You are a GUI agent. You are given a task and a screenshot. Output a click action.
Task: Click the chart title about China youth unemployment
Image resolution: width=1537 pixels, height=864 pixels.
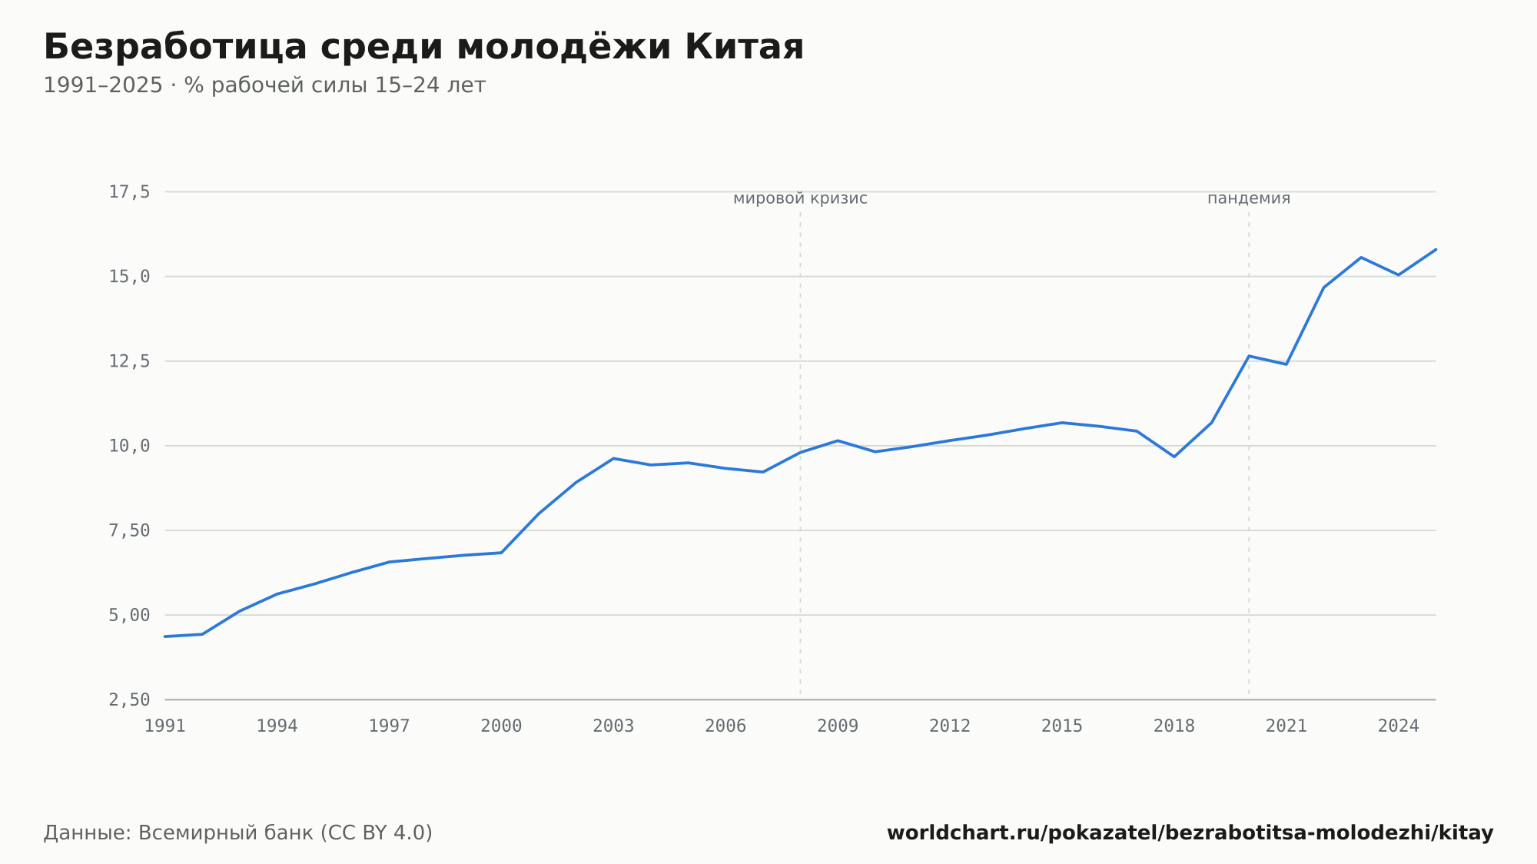coord(423,47)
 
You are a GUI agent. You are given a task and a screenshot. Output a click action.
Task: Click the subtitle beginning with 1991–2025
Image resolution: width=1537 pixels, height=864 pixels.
coord(264,85)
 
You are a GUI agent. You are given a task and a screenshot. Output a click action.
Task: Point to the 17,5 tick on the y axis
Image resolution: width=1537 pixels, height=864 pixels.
coord(129,192)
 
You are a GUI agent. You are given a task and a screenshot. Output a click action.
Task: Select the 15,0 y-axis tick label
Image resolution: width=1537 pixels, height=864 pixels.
coord(129,277)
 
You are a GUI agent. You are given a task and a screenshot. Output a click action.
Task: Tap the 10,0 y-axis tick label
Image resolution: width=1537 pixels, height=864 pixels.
coord(129,446)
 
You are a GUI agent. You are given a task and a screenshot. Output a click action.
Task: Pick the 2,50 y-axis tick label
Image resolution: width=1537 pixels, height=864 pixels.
coord(129,700)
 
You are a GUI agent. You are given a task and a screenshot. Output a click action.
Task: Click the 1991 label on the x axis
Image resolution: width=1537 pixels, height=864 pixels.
coord(165,726)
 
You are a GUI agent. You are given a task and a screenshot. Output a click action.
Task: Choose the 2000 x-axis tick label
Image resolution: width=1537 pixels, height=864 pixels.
coord(501,726)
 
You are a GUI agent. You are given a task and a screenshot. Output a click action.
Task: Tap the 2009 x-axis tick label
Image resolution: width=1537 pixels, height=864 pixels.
coord(838,726)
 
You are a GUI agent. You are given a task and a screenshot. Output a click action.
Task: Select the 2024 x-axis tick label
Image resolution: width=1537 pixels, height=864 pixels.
coord(1399,726)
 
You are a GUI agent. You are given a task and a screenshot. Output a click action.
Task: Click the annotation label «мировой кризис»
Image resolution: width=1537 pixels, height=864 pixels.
coord(800,198)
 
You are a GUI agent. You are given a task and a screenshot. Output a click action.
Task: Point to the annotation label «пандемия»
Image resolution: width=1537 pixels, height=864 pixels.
coord(1249,198)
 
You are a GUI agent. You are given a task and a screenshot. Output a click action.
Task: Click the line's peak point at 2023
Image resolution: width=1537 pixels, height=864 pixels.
coord(1361,258)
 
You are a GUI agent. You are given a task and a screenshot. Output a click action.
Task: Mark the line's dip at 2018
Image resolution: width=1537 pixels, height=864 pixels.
coord(1174,457)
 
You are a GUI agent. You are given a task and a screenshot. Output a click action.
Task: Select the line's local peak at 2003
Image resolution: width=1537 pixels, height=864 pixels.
coord(613,458)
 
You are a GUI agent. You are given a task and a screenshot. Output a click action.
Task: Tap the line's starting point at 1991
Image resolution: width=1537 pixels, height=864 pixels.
coord(165,636)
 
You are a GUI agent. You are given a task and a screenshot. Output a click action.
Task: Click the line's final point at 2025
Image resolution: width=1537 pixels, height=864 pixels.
coord(1436,249)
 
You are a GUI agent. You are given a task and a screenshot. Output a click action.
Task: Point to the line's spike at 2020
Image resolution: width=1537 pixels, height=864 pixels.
coord(1249,356)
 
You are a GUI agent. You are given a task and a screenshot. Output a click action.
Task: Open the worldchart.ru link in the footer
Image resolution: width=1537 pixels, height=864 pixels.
coord(1190,833)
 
